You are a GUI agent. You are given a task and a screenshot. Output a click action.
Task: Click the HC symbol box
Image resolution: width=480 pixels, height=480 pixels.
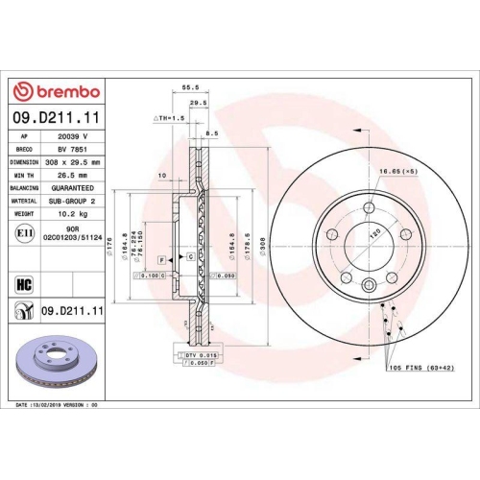click(x=23, y=284)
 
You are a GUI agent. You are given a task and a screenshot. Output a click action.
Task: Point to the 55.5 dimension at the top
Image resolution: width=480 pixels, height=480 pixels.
click(x=190, y=87)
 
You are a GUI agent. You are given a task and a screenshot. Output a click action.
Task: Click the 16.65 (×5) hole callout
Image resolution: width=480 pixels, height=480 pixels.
click(x=401, y=170)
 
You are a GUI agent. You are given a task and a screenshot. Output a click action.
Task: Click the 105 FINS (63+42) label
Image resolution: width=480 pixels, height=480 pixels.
click(x=419, y=368)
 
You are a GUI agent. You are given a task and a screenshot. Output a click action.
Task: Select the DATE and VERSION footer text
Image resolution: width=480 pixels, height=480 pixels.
click(x=58, y=406)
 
